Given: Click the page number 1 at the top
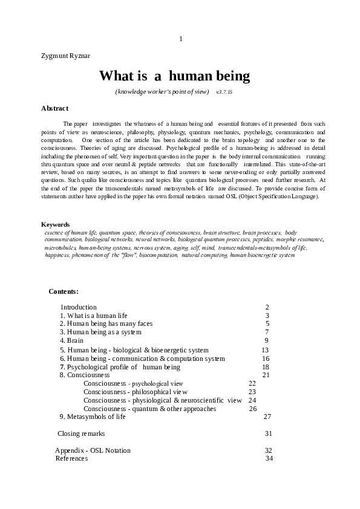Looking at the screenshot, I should click(180, 39).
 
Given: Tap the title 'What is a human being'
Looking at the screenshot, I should click(174, 76).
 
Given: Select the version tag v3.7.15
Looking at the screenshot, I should click(224, 92).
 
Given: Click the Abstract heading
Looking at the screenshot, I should click(54, 108).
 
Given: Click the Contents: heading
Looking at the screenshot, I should click(64, 291).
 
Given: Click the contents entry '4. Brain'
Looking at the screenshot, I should click(71, 341).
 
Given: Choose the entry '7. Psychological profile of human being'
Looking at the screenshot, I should click(120, 367).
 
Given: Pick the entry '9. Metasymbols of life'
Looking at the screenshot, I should click(93, 417).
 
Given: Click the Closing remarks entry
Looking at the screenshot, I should click(81, 433).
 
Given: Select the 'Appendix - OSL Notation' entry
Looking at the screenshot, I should click(93, 450).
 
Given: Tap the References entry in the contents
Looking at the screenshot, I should click(71, 458).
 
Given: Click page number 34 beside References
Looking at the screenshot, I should click(269, 458).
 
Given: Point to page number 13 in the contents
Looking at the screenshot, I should click(265, 350).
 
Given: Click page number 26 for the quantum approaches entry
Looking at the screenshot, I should click(253, 409).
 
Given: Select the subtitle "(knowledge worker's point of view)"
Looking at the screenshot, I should click(162, 92).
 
